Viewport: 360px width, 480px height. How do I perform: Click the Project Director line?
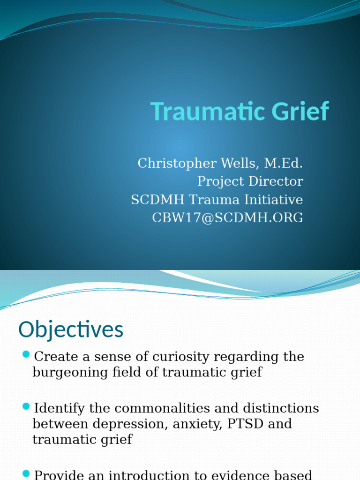(250, 181)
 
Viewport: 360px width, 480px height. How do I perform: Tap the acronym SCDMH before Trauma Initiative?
(157, 199)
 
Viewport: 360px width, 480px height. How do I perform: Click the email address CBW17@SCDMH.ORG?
(227, 217)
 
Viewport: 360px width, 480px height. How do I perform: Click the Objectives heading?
(71, 330)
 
